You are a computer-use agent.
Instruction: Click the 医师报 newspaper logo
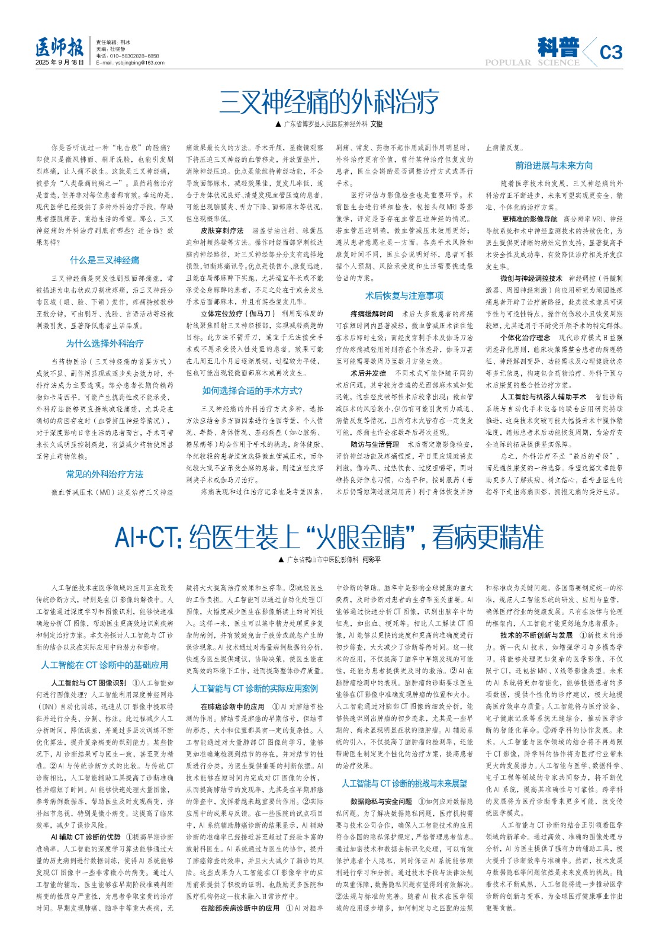[59, 47]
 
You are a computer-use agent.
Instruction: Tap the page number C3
[610, 53]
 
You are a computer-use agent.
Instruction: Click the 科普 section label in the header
[558, 47]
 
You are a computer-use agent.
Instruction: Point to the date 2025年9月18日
[59, 62]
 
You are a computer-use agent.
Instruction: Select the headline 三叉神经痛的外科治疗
[329, 101]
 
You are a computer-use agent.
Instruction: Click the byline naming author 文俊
[329, 124]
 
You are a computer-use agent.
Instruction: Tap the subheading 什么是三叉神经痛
[104, 260]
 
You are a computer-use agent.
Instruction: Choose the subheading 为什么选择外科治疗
[104, 343]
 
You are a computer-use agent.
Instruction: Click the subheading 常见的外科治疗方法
[104, 474]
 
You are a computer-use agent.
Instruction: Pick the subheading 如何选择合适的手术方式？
[252, 390]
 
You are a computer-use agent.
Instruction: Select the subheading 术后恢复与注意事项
[404, 296]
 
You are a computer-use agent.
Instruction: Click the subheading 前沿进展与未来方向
[554, 165]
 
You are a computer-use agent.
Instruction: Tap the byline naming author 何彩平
[329, 560]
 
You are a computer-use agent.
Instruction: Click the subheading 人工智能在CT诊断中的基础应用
[104, 665]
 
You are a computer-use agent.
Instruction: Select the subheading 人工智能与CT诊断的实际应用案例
[255, 688]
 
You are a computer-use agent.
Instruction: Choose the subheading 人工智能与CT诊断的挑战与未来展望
[404, 783]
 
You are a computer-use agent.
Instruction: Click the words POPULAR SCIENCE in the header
[532, 63]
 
